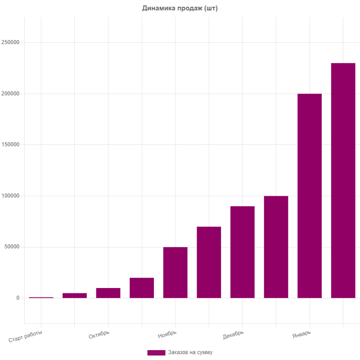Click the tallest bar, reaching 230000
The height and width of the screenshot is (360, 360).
pyautogui.click(x=343, y=180)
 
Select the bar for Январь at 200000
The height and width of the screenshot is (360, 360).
pyautogui.click(x=310, y=196)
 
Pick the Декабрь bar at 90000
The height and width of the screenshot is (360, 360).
pyautogui.click(x=243, y=252)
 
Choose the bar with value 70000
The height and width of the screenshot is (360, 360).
pyautogui.click(x=209, y=262)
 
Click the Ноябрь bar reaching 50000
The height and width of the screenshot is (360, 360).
pyautogui.click(x=175, y=272)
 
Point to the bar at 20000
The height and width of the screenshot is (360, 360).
pyautogui.click(x=142, y=288)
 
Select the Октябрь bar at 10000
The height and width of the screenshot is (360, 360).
pyautogui.click(x=108, y=293)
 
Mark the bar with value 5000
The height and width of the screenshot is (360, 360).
pyautogui.click(x=75, y=295)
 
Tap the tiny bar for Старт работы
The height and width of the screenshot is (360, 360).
pyautogui.click(x=41, y=297)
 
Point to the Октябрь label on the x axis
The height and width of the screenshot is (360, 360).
pyautogui.click(x=99, y=335)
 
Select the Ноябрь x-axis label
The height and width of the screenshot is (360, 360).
pyautogui.click(x=167, y=335)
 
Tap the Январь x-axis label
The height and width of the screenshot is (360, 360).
pyautogui.click(x=301, y=335)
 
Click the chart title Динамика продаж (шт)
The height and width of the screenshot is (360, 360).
pyautogui.click(x=180, y=8)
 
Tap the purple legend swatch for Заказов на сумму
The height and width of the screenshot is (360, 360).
pyautogui.click(x=156, y=352)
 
